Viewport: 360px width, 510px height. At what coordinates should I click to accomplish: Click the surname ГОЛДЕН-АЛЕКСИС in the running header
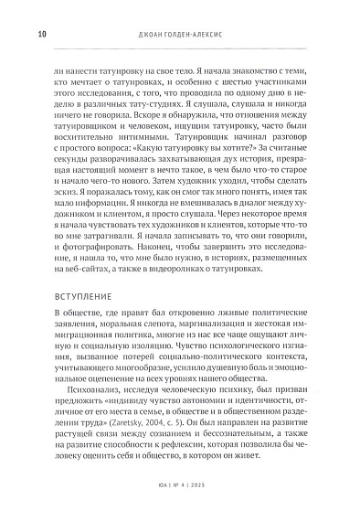click(200, 36)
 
